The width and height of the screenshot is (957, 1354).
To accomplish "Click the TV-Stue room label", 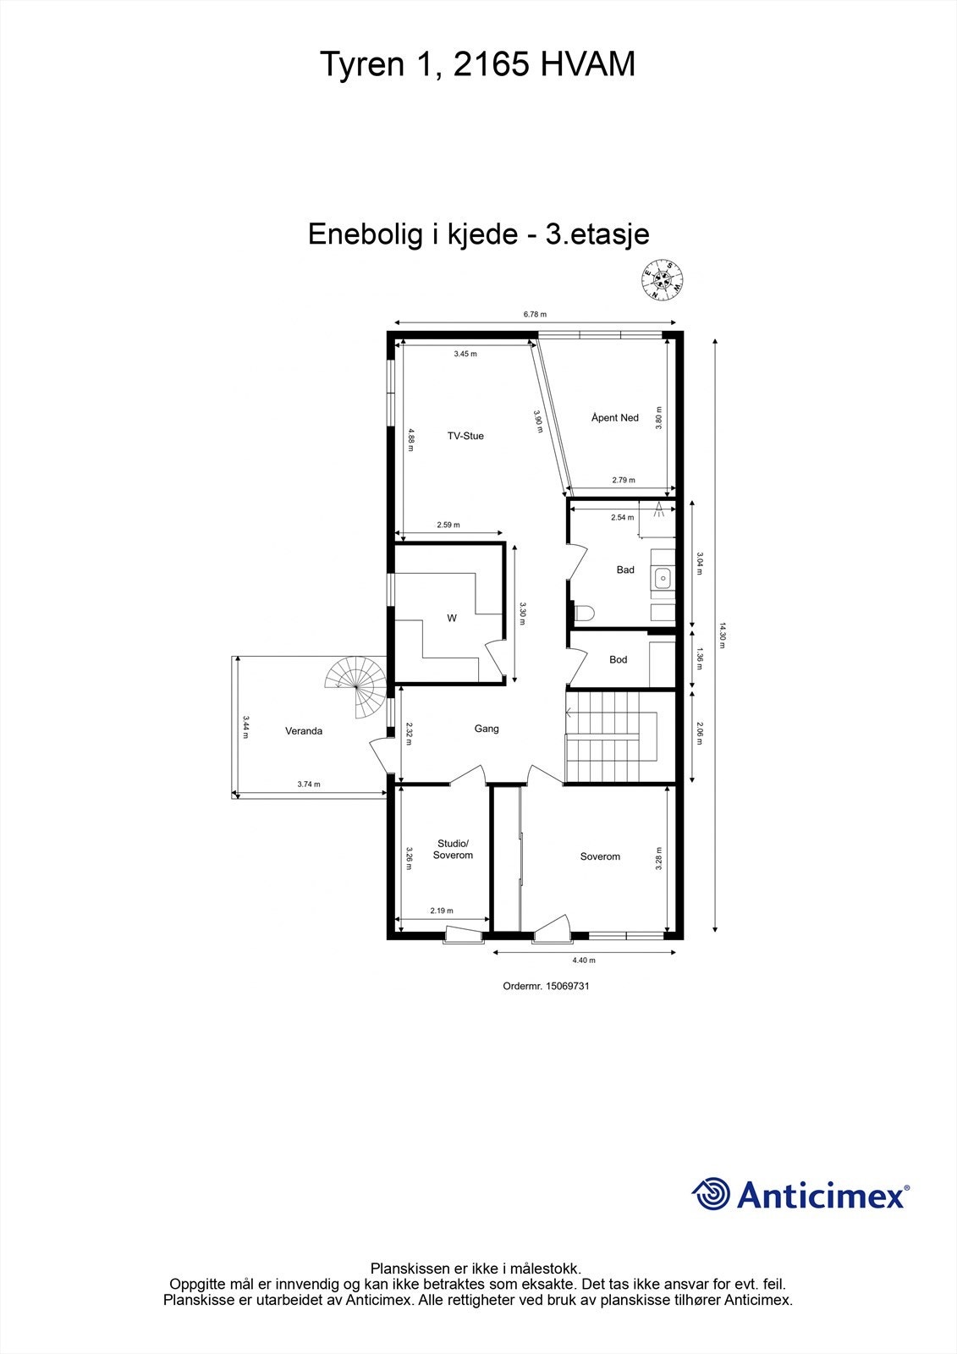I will pos(465,436).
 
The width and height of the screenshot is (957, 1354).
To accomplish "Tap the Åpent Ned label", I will pos(615,418).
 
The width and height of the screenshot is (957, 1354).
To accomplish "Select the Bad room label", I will pos(625,570).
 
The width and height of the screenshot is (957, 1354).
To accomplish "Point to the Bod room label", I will pos(619,659).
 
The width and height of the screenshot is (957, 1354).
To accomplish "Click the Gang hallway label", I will pos(487,729).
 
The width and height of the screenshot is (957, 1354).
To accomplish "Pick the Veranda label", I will pos(304,731).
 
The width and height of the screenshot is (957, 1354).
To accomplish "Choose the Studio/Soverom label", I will pos(453,850).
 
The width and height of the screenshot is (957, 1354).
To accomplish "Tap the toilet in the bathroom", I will pos(584,611).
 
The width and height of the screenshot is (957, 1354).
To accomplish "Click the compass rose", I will pos(663,280).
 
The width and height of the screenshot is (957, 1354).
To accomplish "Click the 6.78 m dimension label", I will pos(535,314).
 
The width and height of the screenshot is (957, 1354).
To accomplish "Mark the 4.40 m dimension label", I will pos(584,960).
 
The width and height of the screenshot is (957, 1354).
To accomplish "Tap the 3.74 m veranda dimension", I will pos(309,784).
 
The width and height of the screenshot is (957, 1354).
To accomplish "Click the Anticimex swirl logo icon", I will pos(711,1194).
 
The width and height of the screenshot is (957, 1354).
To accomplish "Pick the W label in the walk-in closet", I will pos(452,619).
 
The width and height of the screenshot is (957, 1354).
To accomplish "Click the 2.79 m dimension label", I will pos(623,481).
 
